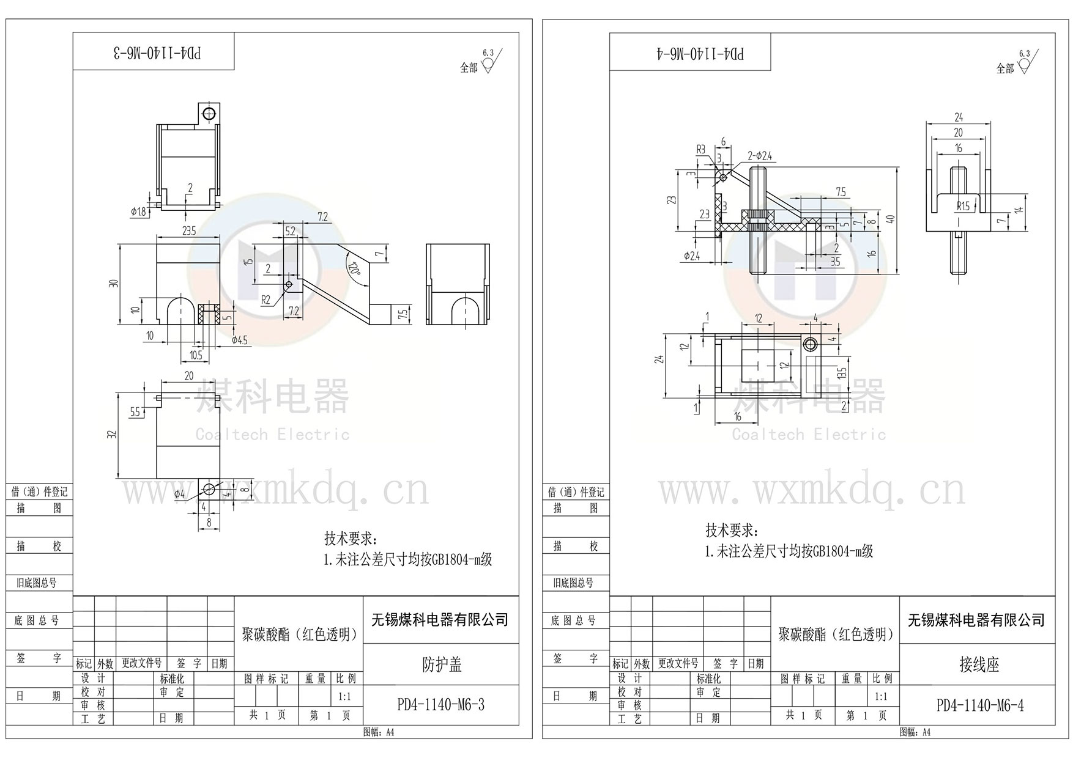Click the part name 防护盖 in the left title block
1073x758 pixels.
[441, 664]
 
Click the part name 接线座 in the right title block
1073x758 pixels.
[978, 664]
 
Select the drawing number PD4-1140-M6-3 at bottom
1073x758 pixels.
[440, 705]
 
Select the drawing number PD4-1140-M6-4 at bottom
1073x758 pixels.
[979, 705]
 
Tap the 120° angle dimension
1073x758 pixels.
[354, 269]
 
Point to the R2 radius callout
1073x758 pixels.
[265, 300]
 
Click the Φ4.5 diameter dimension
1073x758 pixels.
[240, 340]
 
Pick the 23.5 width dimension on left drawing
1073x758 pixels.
[188, 230]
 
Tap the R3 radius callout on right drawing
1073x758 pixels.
[701, 149]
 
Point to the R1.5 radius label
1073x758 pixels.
[962, 206]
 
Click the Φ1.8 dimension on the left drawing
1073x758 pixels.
[138, 212]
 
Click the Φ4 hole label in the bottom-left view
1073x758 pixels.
[179, 493]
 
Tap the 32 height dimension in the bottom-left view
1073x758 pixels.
[112, 435]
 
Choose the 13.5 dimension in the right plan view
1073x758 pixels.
[842, 372]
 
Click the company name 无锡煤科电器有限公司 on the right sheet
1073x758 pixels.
[976, 620]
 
